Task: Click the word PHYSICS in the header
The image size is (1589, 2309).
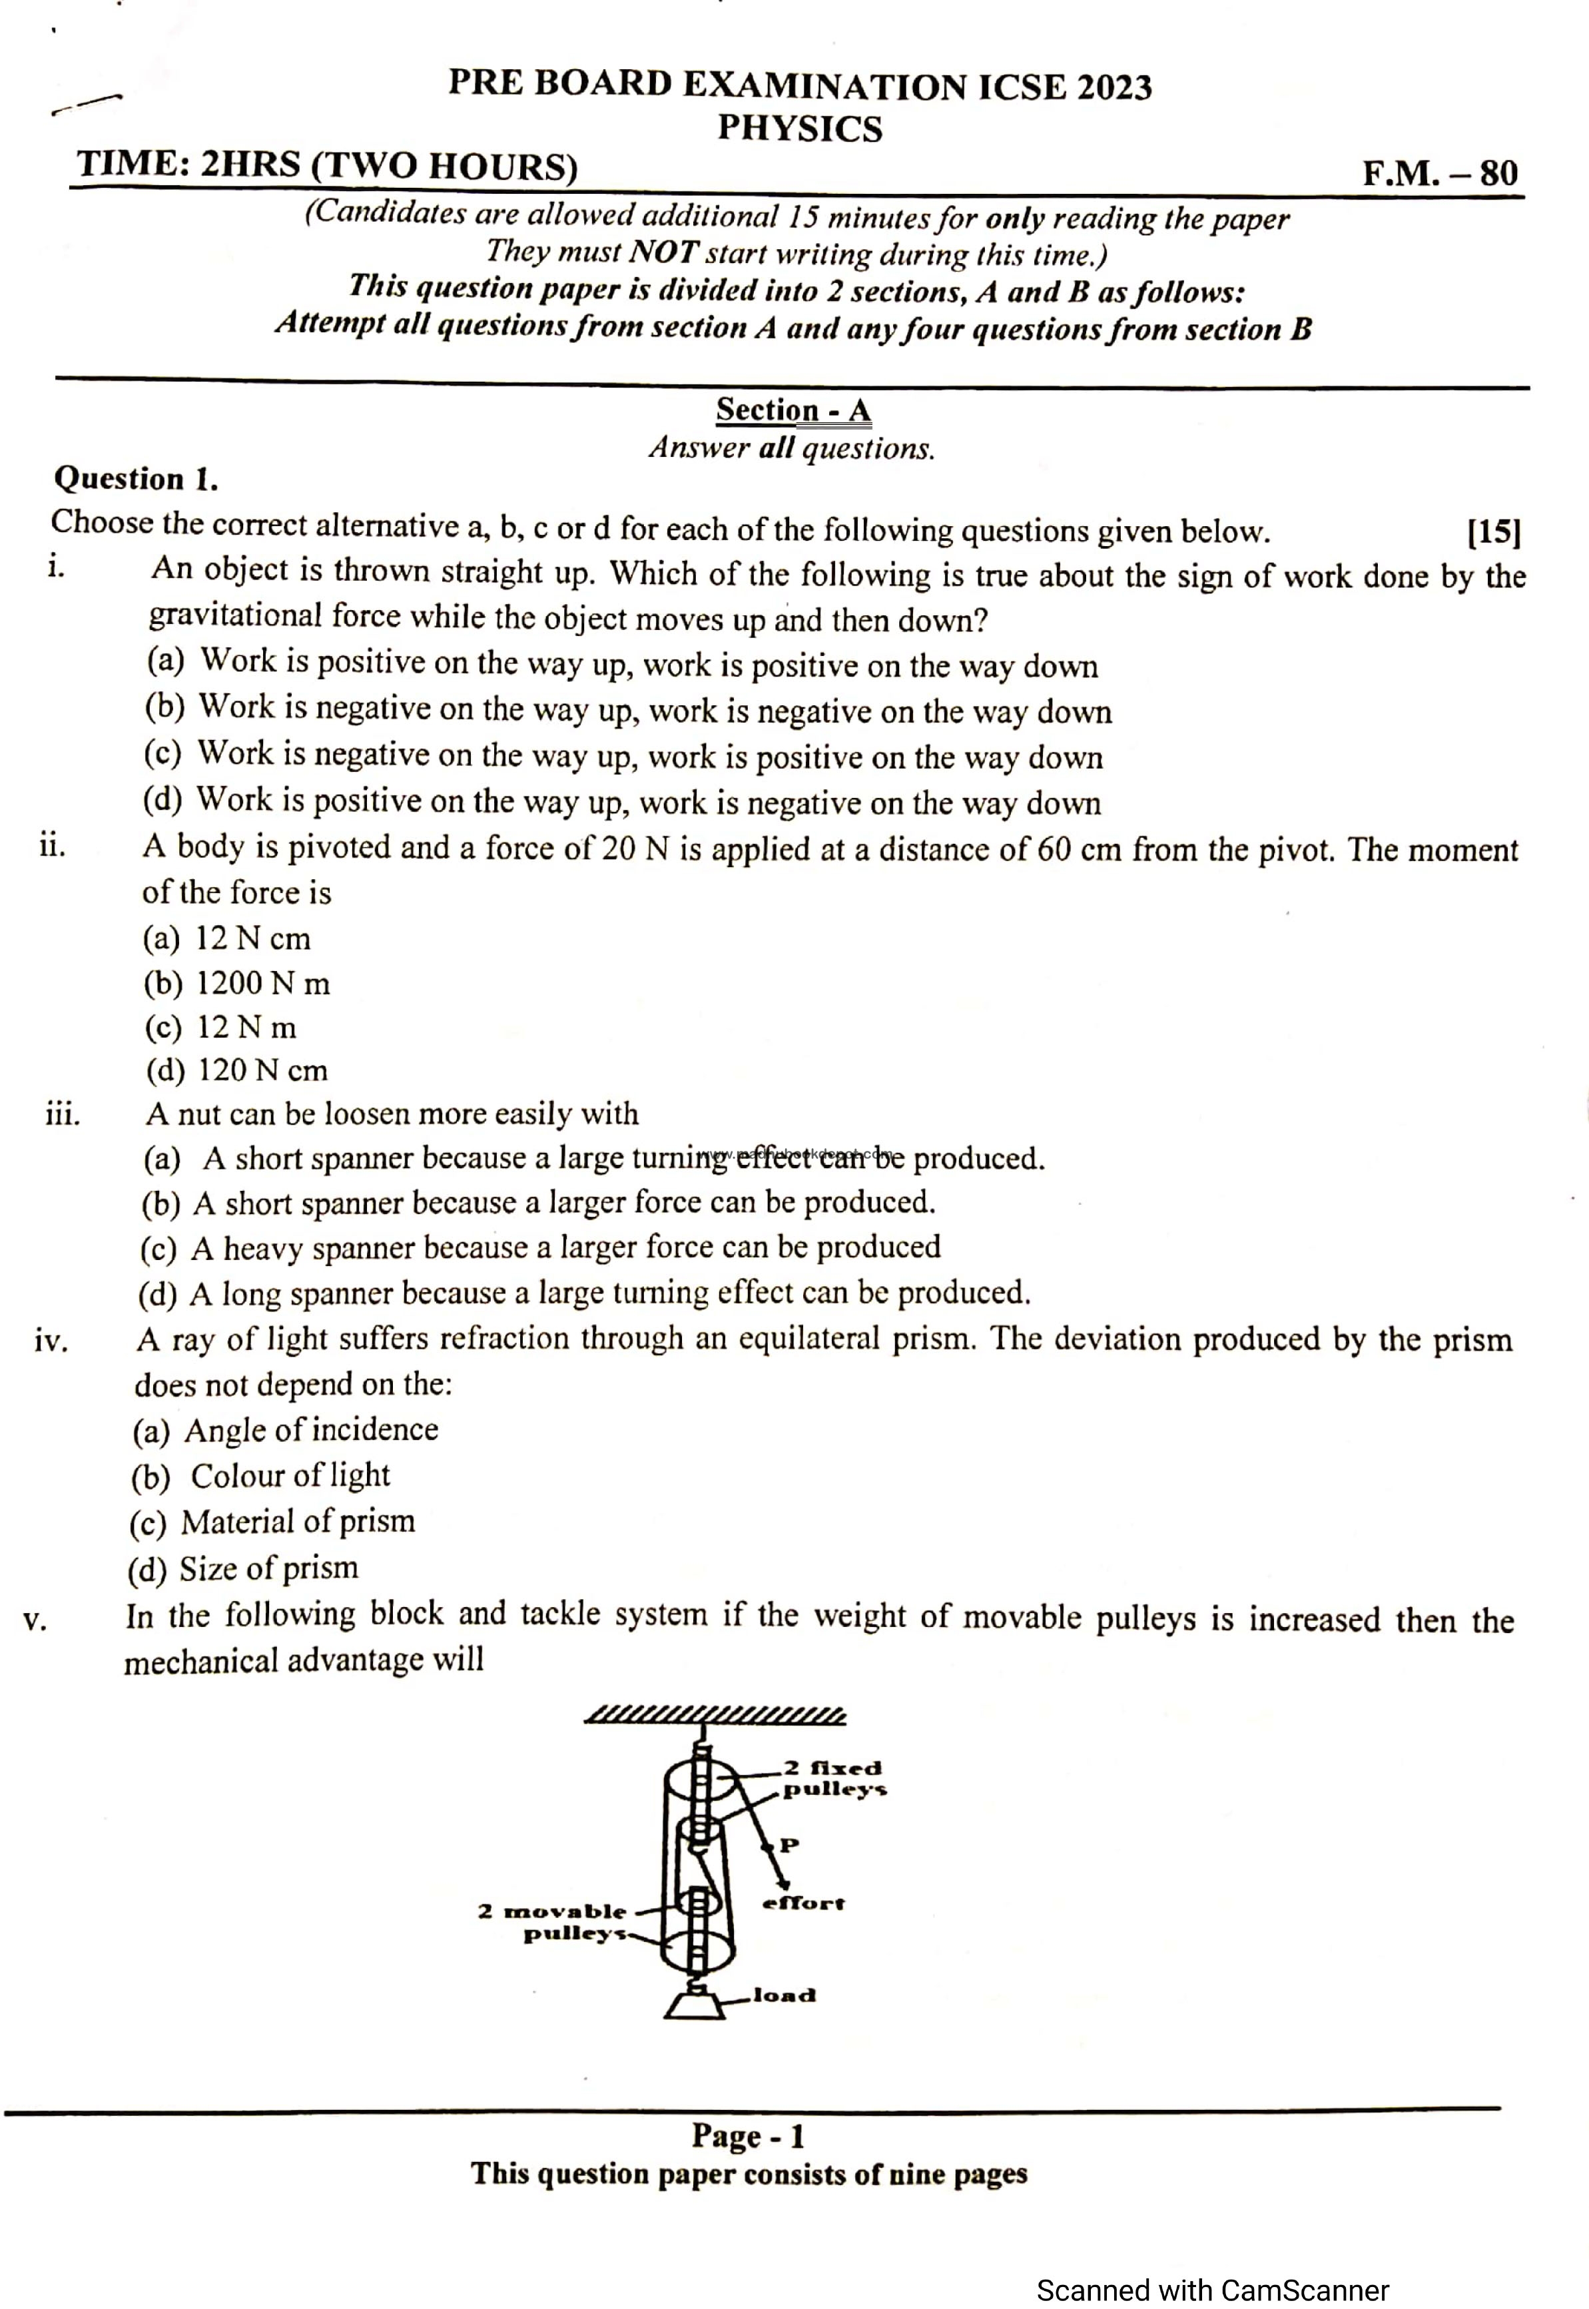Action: [799, 129]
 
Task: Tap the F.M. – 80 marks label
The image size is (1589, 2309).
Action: [1440, 173]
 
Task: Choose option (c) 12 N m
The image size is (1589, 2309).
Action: [221, 1026]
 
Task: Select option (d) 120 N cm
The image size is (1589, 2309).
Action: [237, 1070]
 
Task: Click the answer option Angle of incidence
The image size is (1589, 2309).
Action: [286, 1430]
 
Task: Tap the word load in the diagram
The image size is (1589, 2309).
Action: [785, 1995]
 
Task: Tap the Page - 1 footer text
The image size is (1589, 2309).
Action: [748, 2137]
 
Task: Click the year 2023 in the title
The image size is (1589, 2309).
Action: [1113, 88]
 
